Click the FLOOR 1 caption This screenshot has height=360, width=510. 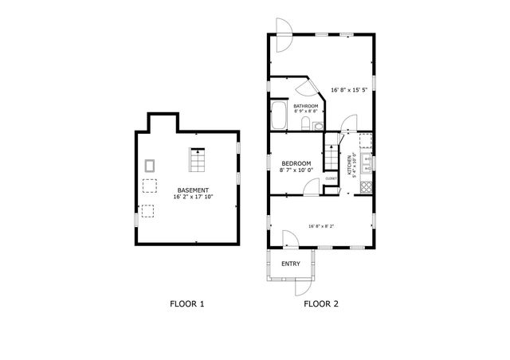pyautogui.click(x=188, y=303)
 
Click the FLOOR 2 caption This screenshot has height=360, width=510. pyautogui.click(x=322, y=303)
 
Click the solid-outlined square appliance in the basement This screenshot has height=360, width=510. pyautogui.click(x=150, y=165)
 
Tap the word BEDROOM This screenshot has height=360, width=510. pyautogui.click(x=295, y=162)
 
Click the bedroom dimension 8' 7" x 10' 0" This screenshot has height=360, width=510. pyautogui.click(x=296, y=170)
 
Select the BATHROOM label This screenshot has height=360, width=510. pyautogui.click(x=306, y=106)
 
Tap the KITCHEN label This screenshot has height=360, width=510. pyautogui.click(x=349, y=164)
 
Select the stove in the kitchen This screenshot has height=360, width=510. pyautogui.click(x=367, y=188)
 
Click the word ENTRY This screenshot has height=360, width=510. pyautogui.click(x=291, y=264)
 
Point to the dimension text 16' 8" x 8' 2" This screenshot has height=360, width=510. pyautogui.click(x=322, y=226)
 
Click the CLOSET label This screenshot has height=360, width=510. pyautogui.click(x=331, y=178)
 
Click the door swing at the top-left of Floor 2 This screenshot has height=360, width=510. pyautogui.click(x=284, y=26)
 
